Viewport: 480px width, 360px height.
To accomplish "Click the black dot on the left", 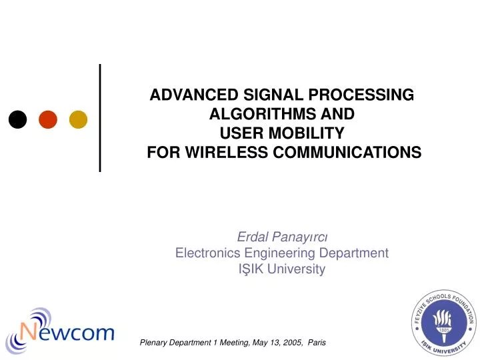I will (x=17, y=119).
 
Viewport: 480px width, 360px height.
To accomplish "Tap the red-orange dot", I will (x=48, y=119).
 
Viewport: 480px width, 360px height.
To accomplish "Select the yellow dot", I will (x=79, y=119).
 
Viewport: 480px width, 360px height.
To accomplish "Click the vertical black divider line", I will (x=100, y=117).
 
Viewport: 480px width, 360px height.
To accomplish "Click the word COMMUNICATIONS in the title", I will (x=355, y=151).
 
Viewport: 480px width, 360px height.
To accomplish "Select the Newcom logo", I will (x=60, y=325).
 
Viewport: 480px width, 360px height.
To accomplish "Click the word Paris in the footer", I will (x=317, y=342).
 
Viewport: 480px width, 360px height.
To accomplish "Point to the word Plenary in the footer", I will (x=156, y=342).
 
